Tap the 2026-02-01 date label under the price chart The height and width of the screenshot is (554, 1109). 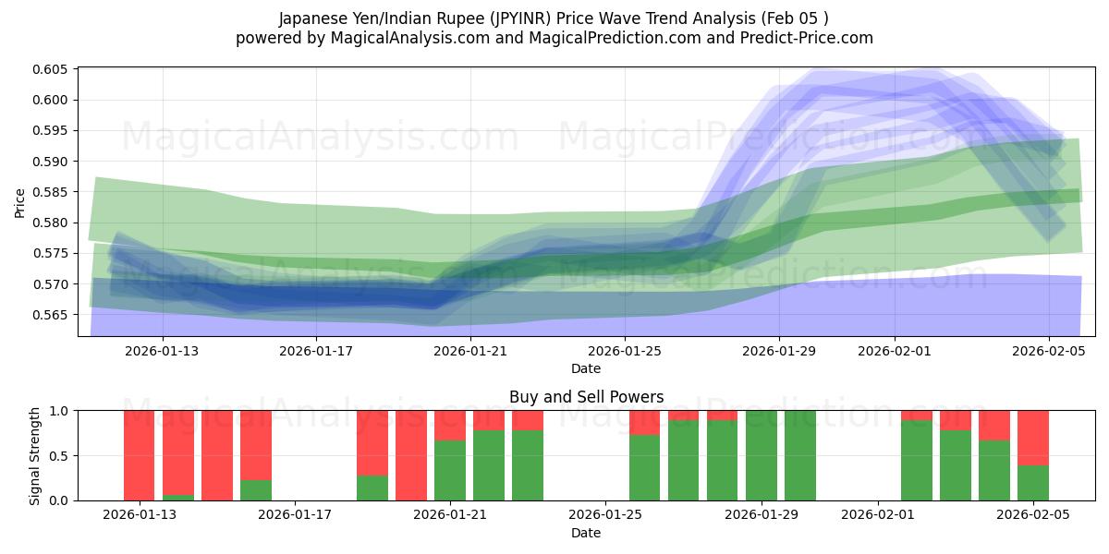pyautogui.click(x=895, y=351)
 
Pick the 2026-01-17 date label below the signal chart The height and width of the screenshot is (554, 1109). pyautogui.click(x=295, y=514)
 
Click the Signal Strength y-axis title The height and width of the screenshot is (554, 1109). pyautogui.click(x=35, y=455)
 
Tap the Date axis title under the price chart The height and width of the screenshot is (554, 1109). pyautogui.click(x=586, y=368)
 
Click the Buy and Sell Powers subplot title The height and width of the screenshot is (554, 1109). pyautogui.click(x=586, y=397)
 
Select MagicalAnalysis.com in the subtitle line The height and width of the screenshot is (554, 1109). pyautogui.click(x=403, y=38)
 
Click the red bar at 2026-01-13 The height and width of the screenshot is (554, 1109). pyautogui.click(x=140, y=455)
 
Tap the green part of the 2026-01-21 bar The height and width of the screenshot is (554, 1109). pyautogui.click(x=450, y=470)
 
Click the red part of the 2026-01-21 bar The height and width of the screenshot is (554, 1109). pyautogui.click(x=450, y=425)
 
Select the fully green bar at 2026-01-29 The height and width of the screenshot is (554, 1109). pyautogui.click(x=762, y=455)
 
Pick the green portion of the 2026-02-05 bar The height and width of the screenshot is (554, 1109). pyautogui.click(x=1033, y=482)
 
